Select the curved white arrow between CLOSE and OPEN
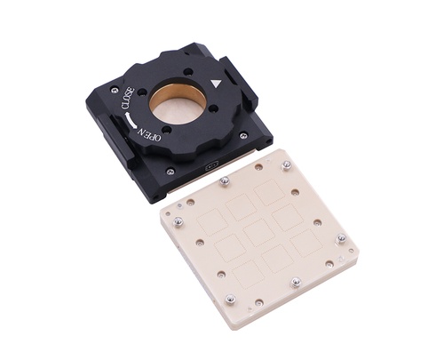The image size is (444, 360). click(130, 121)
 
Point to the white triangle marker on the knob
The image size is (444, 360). click(217, 84)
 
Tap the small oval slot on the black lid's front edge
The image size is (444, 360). click(212, 165)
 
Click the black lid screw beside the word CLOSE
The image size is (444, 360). click(115, 91)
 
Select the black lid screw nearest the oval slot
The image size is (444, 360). click(170, 171)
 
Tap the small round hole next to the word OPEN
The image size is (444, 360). click(167, 130)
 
